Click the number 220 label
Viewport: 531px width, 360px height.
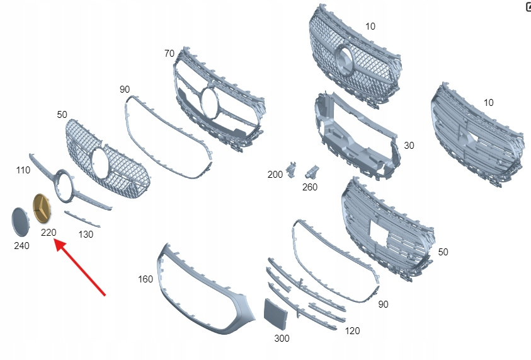(49, 233)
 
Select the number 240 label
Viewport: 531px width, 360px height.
(21, 245)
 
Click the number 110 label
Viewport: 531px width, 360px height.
(23, 170)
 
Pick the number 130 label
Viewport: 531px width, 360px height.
(85, 235)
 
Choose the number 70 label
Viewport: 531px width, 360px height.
(169, 54)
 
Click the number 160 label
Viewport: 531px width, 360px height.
(146, 279)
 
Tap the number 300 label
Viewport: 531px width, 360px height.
(282, 339)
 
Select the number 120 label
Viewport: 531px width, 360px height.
(353, 331)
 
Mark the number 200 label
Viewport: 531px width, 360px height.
(275, 175)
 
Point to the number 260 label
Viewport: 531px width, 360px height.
(310, 187)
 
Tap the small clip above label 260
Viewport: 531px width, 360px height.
(313, 171)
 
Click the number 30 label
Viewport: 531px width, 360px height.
(409, 146)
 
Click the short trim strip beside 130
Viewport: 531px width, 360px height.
(82, 219)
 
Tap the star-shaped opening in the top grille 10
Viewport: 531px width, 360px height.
(345, 60)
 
